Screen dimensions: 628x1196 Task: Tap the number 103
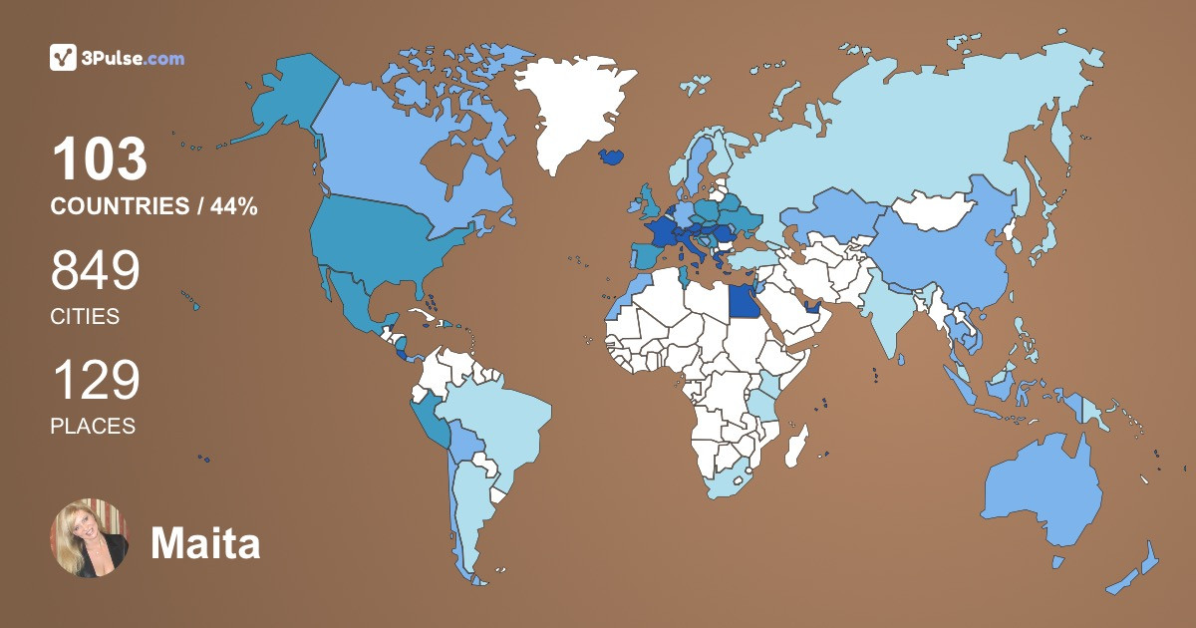[100, 159]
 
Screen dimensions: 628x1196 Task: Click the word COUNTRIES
[119, 206]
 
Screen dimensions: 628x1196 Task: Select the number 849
[96, 271]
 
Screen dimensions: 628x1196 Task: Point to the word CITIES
[85, 317]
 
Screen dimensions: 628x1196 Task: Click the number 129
[96, 381]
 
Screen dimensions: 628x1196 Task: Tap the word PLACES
[93, 426]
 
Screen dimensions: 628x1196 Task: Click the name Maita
[205, 543]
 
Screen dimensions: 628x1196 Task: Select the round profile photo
[89, 538]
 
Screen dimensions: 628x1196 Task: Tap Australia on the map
[1042, 493]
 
